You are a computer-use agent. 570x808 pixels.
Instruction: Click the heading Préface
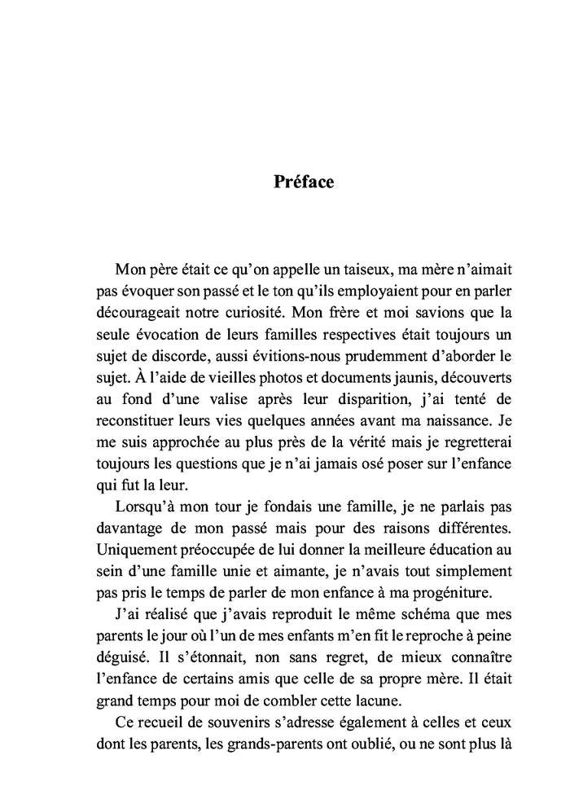coord(303,182)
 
